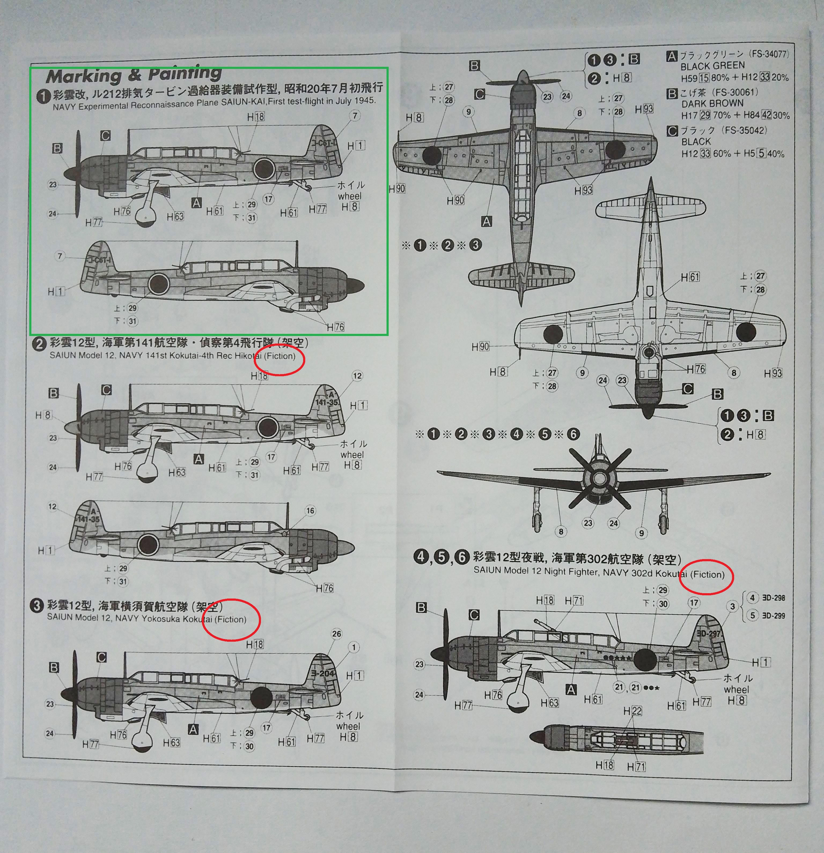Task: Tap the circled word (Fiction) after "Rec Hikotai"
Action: coord(279,356)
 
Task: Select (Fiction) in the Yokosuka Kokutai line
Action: coord(231,619)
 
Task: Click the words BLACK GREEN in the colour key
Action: coord(713,66)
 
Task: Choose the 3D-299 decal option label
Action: coord(774,615)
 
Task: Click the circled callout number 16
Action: coord(310,511)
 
